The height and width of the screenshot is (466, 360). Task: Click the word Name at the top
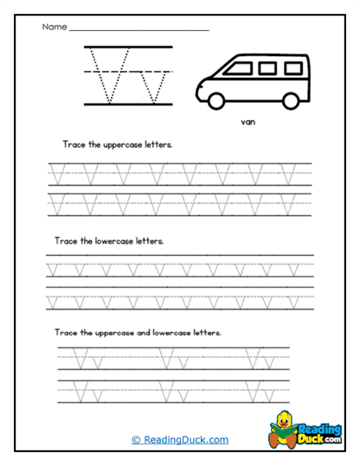(x=54, y=28)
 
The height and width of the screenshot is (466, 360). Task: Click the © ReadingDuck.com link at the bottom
(x=180, y=439)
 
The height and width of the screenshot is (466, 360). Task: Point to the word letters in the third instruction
(x=205, y=332)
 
